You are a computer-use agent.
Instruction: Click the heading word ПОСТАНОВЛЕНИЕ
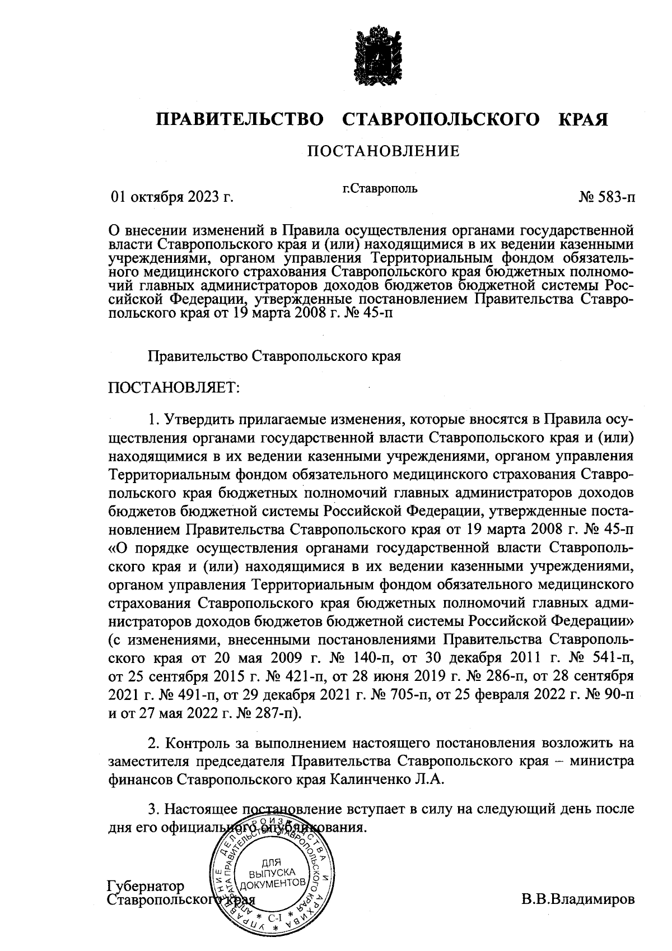tap(382, 151)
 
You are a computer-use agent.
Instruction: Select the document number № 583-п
tap(607, 197)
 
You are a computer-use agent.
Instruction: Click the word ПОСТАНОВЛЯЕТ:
tap(173, 388)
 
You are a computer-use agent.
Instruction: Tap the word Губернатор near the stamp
tap(145, 887)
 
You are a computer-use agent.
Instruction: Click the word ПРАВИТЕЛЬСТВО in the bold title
tap(240, 119)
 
